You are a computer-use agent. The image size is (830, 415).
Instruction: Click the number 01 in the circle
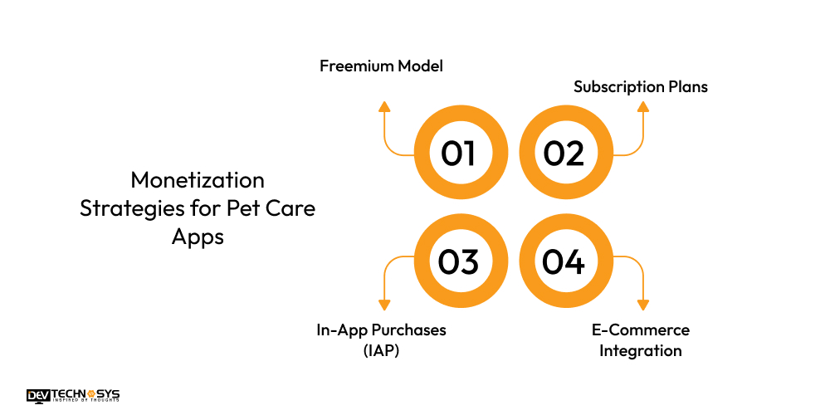458,154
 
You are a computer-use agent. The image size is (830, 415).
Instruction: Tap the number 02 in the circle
564,154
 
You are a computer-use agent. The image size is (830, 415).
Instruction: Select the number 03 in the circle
458,261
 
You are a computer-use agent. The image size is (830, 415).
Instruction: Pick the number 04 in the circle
564,261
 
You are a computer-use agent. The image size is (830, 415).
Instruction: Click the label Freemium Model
381,66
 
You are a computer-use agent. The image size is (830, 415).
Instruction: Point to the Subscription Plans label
641,86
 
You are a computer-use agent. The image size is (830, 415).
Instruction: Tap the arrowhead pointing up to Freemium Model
383,106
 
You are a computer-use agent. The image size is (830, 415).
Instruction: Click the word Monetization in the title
198,180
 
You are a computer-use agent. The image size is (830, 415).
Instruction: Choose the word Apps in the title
198,236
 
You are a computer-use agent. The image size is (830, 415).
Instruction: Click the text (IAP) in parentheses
381,350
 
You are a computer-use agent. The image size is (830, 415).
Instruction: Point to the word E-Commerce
641,330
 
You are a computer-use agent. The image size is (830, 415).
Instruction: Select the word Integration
641,350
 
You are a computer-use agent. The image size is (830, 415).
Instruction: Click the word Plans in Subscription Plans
688,86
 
